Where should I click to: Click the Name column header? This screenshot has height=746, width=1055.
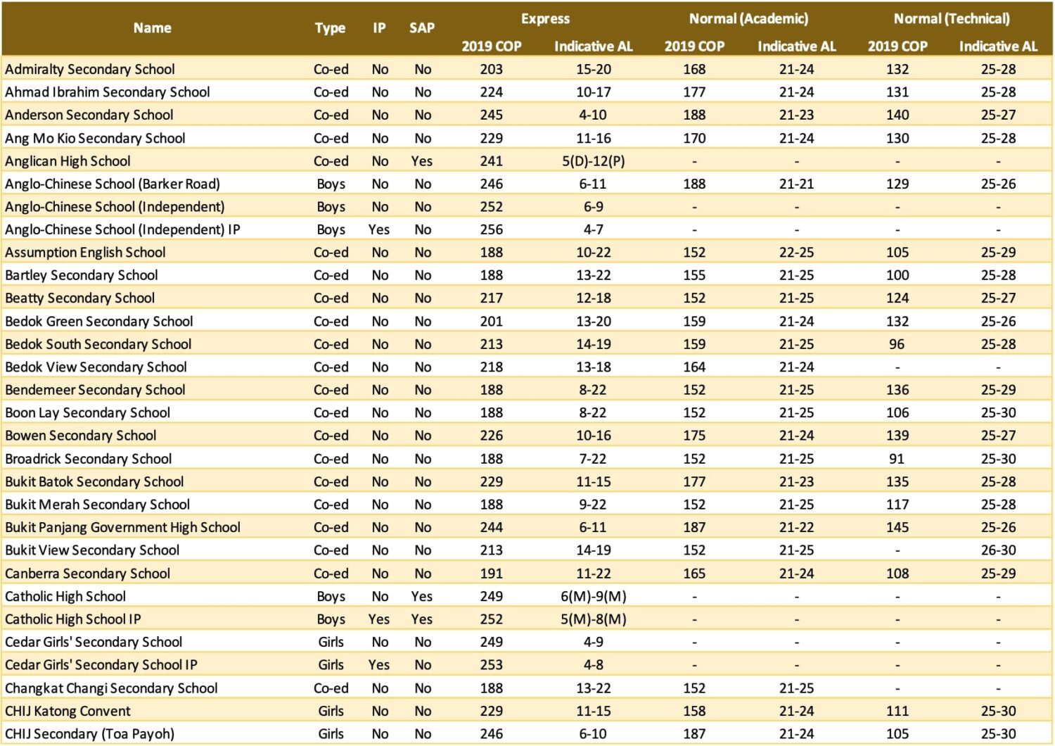tap(152, 28)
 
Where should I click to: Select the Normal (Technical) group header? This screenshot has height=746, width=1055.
tap(951, 19)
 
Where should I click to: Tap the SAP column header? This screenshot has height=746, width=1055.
tap(422, 28)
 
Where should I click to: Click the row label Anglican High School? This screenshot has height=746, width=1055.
tap(68, 161)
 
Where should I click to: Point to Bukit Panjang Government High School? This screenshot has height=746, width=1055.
tap(122, 527)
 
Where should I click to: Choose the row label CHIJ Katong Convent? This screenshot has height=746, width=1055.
tap(68, 711)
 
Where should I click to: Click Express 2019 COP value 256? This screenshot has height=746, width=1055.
tap(491, 229)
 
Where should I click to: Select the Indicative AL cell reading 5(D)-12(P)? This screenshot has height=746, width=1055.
tap(593, 161)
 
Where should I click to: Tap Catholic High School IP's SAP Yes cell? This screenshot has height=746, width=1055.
tap(422, 619)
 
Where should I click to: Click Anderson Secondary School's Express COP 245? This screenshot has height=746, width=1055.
tap(491, 115)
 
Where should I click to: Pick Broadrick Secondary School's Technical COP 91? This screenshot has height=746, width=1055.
tap(897, 459)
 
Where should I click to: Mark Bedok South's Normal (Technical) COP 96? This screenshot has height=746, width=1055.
tap(897, 344)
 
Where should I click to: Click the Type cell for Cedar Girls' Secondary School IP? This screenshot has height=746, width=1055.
tap(331, 665)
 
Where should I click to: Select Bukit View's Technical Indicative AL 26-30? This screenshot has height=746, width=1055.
tap(998, 550)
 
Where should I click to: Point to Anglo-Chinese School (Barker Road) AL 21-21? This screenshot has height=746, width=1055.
tap(796, 184)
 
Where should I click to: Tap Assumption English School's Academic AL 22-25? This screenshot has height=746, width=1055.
tap(796, 253)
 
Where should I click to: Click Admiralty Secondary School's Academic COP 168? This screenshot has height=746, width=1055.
tap(694, 69)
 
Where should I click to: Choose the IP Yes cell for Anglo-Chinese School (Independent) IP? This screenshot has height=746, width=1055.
tap(379, 229)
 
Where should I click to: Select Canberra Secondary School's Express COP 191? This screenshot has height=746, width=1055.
tap(491, 574)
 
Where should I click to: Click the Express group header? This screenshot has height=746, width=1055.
tap(545, 19)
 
